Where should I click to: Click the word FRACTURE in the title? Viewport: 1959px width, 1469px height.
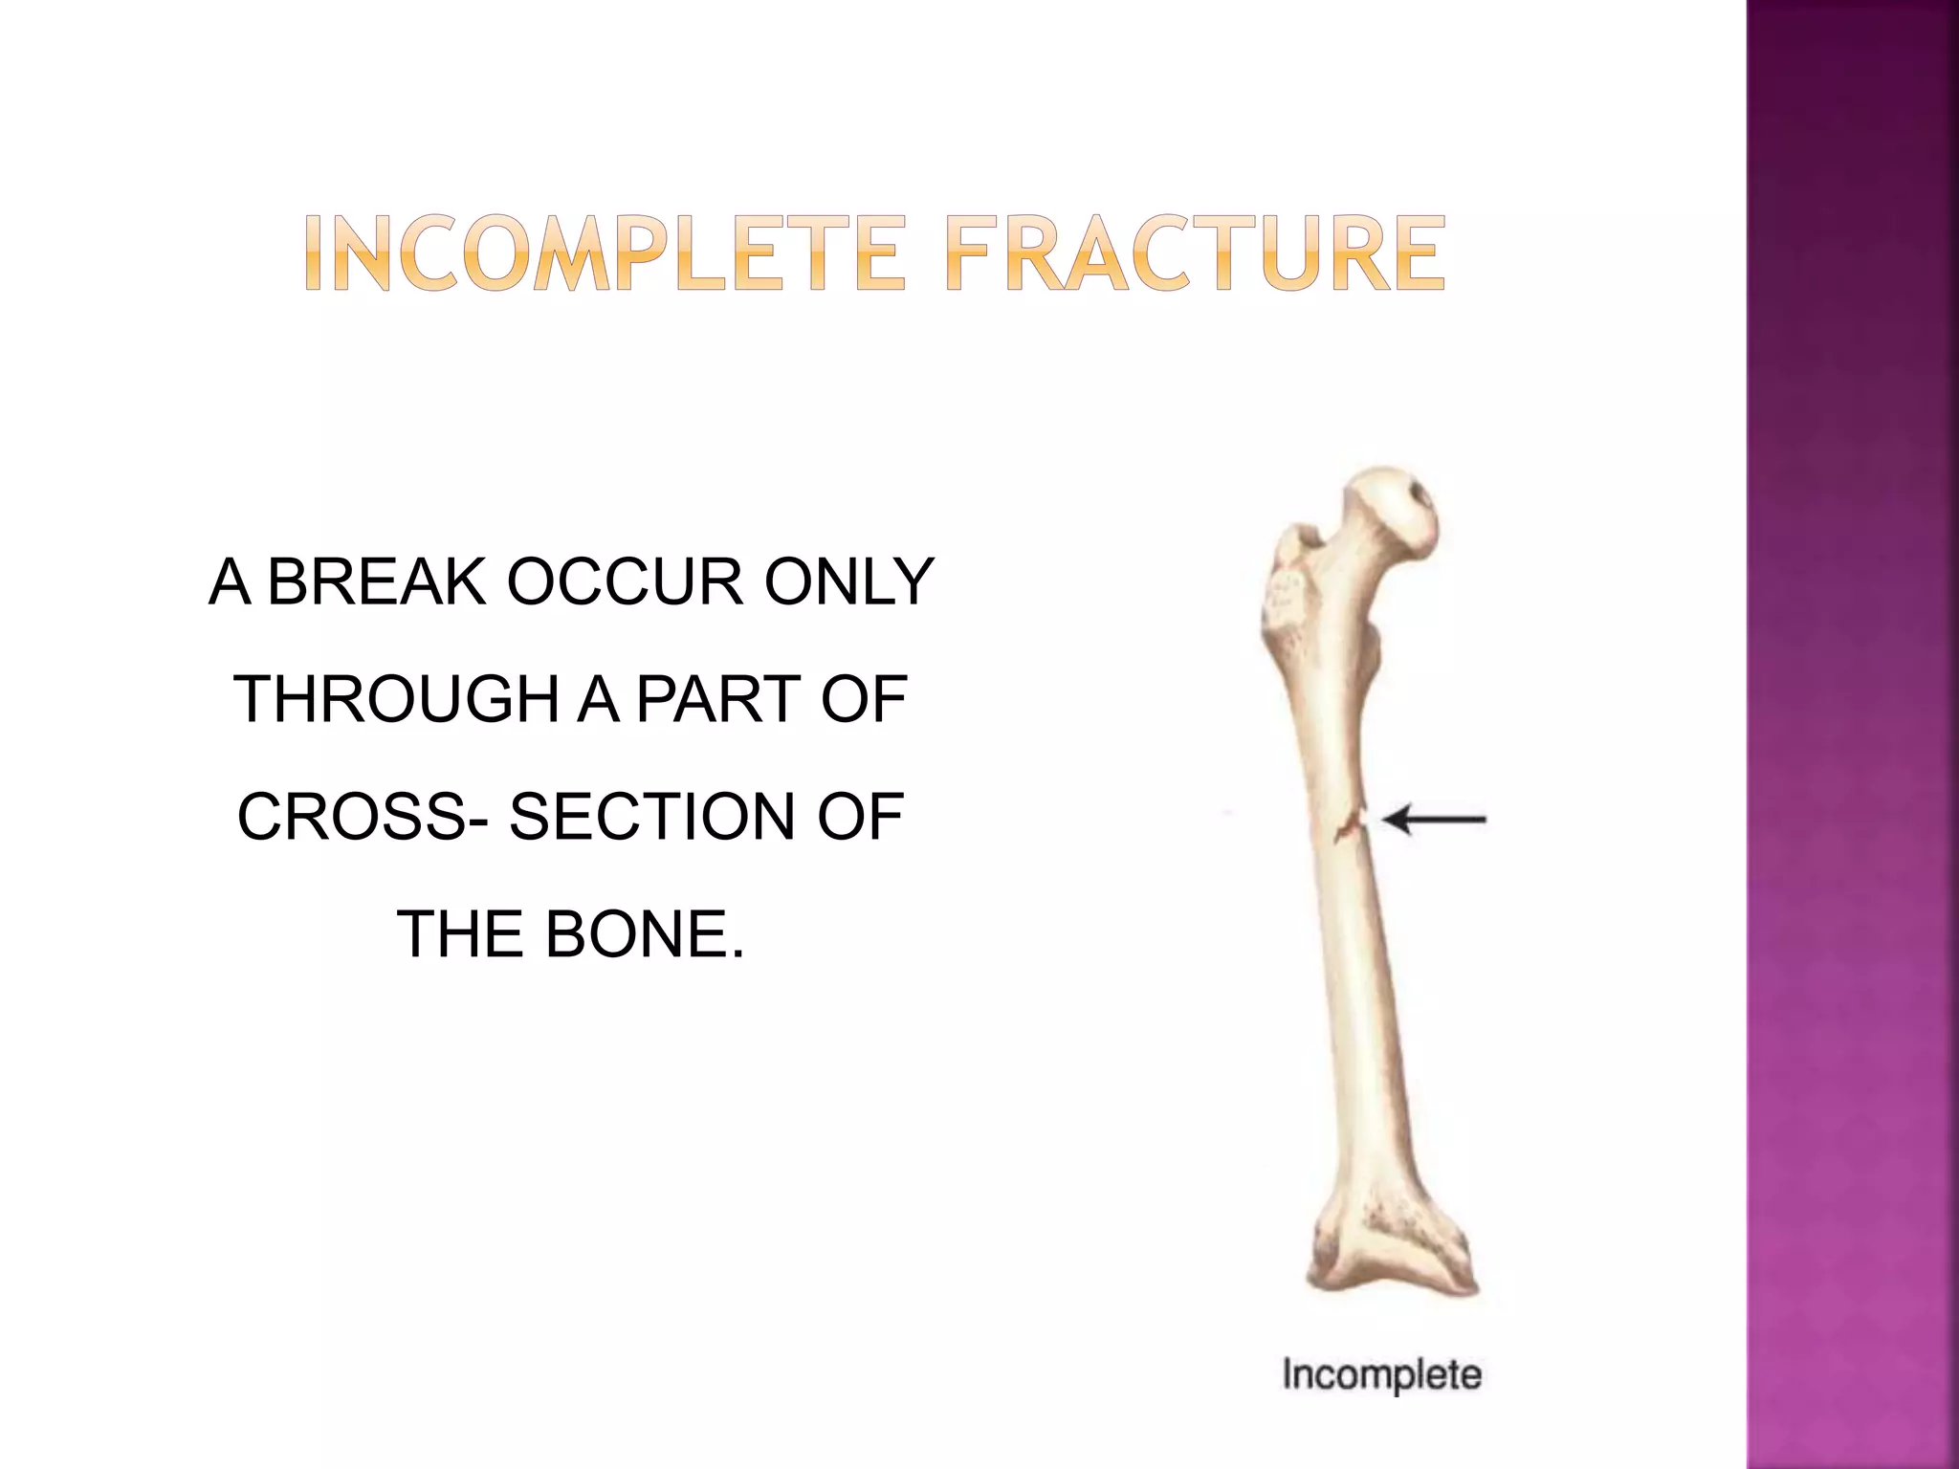coord(1196,253)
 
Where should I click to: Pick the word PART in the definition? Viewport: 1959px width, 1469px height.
coord(719,699)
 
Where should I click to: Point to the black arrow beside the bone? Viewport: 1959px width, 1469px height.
coord(1435,820)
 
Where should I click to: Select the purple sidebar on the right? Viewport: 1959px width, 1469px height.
coord(1852,734)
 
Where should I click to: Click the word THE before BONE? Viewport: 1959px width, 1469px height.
coord(457,934)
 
